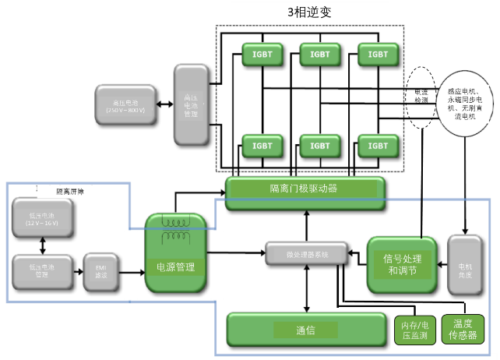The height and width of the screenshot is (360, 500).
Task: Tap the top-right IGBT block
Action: point(378,55)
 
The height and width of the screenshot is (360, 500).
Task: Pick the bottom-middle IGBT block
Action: point(320,146)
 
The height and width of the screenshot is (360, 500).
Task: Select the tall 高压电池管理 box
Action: point(191,105)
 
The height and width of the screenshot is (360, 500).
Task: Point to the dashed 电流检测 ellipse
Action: point(421,96)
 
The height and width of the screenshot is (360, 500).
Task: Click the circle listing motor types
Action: point(465,101)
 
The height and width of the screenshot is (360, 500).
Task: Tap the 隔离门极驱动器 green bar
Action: point(305,189)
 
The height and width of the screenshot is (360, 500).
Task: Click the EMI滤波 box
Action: point(100,272)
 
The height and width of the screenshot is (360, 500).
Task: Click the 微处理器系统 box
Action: point(308,253)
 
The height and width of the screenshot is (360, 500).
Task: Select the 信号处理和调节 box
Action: point(399,264)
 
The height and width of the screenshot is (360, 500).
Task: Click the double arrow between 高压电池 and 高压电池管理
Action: point(163,104)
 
